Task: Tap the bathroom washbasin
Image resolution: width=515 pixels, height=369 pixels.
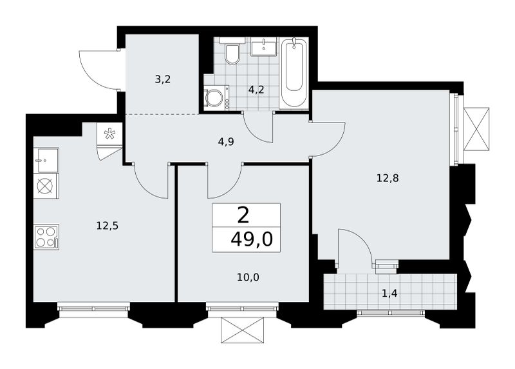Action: coord(264,46)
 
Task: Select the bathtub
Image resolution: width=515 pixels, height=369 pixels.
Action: coord(294,73)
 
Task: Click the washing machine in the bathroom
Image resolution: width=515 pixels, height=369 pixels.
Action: coord(216,97)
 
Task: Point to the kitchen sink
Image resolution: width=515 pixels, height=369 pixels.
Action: coord(46,160)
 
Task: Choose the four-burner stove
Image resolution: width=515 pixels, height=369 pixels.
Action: coord(46,237)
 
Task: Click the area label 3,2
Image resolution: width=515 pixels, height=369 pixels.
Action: coord(163,79)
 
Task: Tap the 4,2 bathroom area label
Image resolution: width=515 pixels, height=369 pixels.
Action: coord(256,90)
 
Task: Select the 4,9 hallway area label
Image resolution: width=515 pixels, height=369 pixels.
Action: coord(226,142)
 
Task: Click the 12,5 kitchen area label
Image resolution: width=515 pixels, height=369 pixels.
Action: coord(108,226)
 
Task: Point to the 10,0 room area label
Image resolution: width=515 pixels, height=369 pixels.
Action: coord(248,277)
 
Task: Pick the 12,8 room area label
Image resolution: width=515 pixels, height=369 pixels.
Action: coord(388,178)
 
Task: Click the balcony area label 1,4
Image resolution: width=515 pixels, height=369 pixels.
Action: coord(390,293)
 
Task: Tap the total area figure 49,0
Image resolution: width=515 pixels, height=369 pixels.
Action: coord(252,239)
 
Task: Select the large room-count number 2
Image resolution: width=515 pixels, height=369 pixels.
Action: coord(243,216)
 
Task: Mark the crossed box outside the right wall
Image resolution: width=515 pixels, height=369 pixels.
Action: coord(476,129)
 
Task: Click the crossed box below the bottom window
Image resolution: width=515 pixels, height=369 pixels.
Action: coord(243,330)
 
